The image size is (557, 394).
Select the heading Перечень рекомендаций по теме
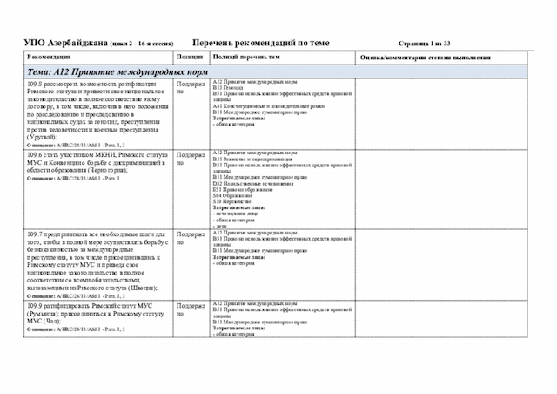point(261,42)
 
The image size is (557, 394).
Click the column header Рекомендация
point(53,57)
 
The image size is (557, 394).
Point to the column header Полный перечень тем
point(247,57)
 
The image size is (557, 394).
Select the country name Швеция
point(139,287)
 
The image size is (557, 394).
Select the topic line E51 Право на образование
point(240,189)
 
